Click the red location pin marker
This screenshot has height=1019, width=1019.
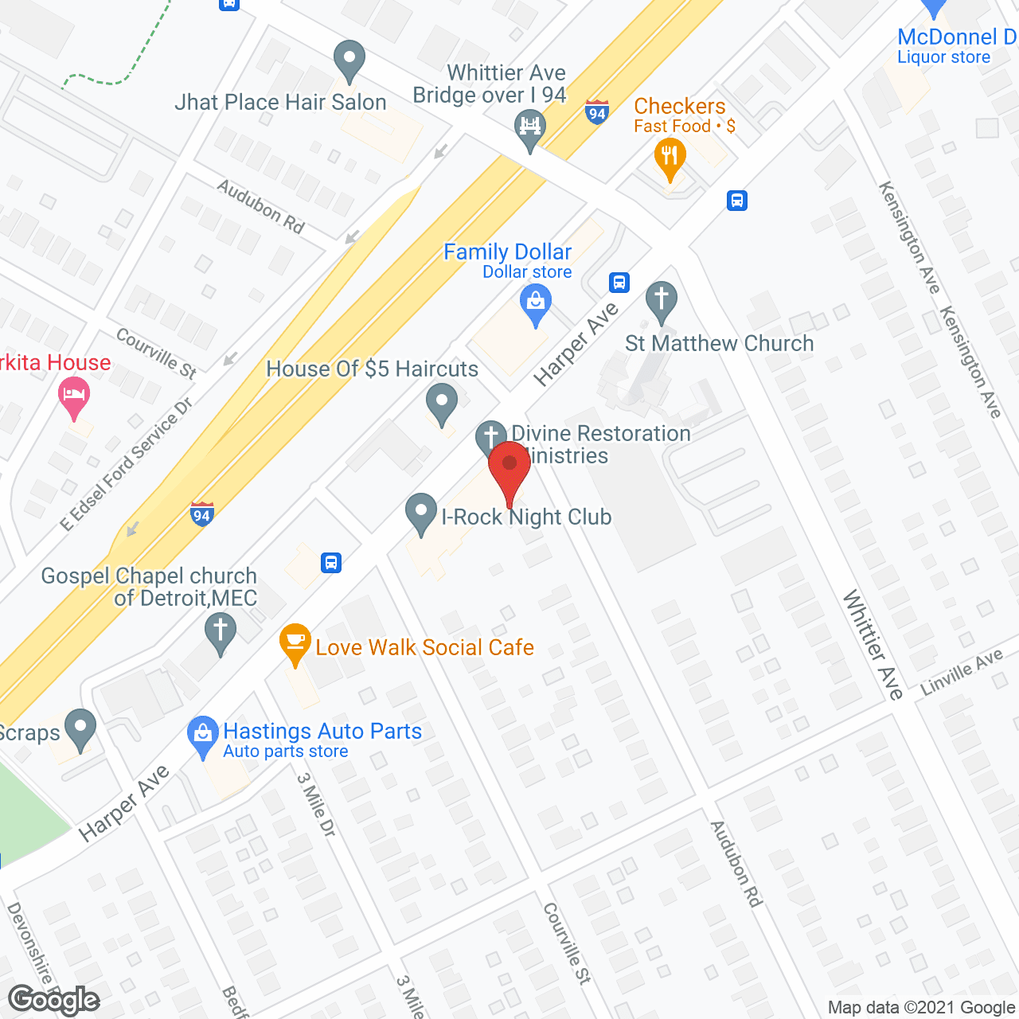(509, 466)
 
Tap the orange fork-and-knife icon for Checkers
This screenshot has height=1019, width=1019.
(670, 157)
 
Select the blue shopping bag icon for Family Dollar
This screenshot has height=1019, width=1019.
(536, 304)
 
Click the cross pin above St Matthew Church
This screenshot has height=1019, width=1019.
(661, 301)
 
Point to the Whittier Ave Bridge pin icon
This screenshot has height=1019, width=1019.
(529, 127)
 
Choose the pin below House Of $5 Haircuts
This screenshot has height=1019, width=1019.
(442, 403)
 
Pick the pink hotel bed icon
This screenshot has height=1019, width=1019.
(74, 396)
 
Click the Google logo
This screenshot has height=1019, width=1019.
(54, 1000)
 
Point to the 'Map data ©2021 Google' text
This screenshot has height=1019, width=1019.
(921, 1008)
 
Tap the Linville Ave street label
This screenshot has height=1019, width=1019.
(961, 673)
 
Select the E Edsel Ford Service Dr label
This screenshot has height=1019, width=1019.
(127, 464)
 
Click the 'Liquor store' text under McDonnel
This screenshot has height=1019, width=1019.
(943, 57)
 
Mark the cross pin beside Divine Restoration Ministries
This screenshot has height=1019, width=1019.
(491, 437)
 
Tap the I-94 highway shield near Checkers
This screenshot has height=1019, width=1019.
(597, 112)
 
